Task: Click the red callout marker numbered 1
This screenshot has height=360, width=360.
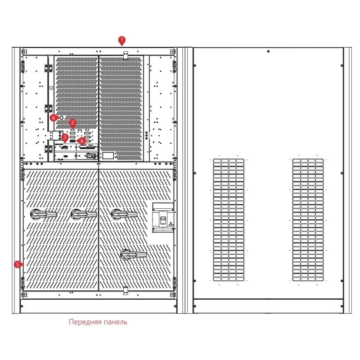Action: pyautogui.click(x=121, y=40)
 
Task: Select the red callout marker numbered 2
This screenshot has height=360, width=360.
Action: pyautogui.click(x=73, y=123)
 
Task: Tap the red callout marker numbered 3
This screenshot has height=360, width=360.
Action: pyautogui.click(x=65, y=138)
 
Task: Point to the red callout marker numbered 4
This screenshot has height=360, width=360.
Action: pyautogui.click(x=54, y=118)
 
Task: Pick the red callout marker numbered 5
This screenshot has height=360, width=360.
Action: pyautogui.click(x=18, y=265)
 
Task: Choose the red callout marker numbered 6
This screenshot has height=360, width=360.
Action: pyautogui.click(x=81, y=141)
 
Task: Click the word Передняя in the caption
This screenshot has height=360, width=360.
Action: pyautogui.click(x=85, y=322)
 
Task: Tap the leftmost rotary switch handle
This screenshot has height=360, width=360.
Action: pyautogui.click(x=43, y=214)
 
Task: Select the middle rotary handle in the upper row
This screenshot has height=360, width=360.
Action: pyautogui.click(x=84, y=214)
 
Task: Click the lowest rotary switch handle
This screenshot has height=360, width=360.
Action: pyautogui.click(x=134, y=255)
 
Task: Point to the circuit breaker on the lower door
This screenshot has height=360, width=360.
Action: pyautogui.click(x=163, y=217)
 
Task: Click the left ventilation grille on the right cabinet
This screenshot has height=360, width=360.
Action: pyautogui.click(x=229, y=220)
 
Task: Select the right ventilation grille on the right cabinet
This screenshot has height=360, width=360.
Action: pyautogui.click(x=308, y=220)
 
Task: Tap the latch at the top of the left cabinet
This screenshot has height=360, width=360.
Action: pyautogui.click(x=126, y=55)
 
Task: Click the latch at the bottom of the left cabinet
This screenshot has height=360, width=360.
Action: pyautogui.click(x=126, y=291)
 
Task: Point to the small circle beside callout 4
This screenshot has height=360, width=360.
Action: pyautogui.click(x=61, y=118)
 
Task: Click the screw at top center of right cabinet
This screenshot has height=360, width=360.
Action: pyautogui.click(x=268, y=51)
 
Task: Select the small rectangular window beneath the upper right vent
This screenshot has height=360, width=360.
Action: pyautogui.click(x=108, y=155)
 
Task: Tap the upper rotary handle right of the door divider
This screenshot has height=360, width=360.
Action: pyautogui.click(x=124, y=214)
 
